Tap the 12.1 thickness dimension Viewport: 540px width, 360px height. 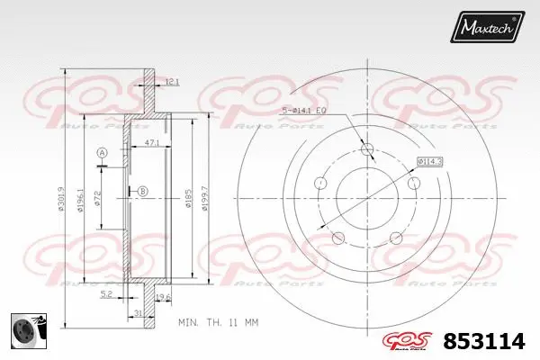pos(172,82)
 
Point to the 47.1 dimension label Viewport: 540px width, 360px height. pos(151,141)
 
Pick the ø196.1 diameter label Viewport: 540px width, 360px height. pos(82,201)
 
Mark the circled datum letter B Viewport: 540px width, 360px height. pos(142,189)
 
